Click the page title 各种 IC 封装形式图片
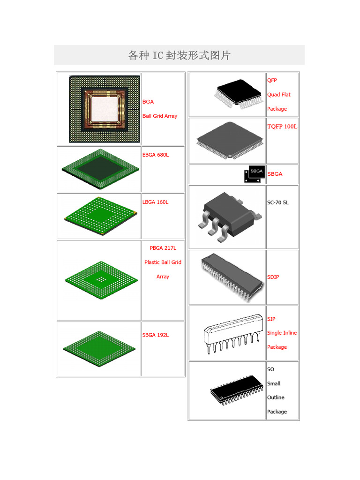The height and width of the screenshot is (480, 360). pyautogui.click(x=179, y=55)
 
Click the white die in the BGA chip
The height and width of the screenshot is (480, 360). pyautogui.click(x=105, y=108)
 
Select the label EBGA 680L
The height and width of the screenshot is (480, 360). pyautogui.click(x=155, y=155)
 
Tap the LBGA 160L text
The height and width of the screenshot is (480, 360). pyautogui.click(x=155, y=202)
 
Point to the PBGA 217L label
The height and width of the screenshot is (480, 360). pyautogui.click(x=163, y=248)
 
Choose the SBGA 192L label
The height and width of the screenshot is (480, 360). pyautogui.click(x=155, y=335)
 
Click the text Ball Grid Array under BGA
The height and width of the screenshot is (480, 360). pyautogui.click(x=160, y=116)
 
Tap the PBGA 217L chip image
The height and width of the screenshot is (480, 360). pyautogui.click(x=101, y=279)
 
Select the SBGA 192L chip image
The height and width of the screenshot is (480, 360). pyautogui.click(x=100, y=349)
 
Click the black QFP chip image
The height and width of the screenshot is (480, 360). pyautogui.click(x=239, y=94)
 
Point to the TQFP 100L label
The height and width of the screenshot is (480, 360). pyautogui.click(x=282, y=127)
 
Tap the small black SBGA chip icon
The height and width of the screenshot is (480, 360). pyautogui.click(x=254, y=174)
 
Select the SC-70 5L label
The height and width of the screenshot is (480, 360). pyautogui.click(x=278, y=202)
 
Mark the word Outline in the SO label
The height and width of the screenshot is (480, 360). pyautogui.click(x=276, y=397)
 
